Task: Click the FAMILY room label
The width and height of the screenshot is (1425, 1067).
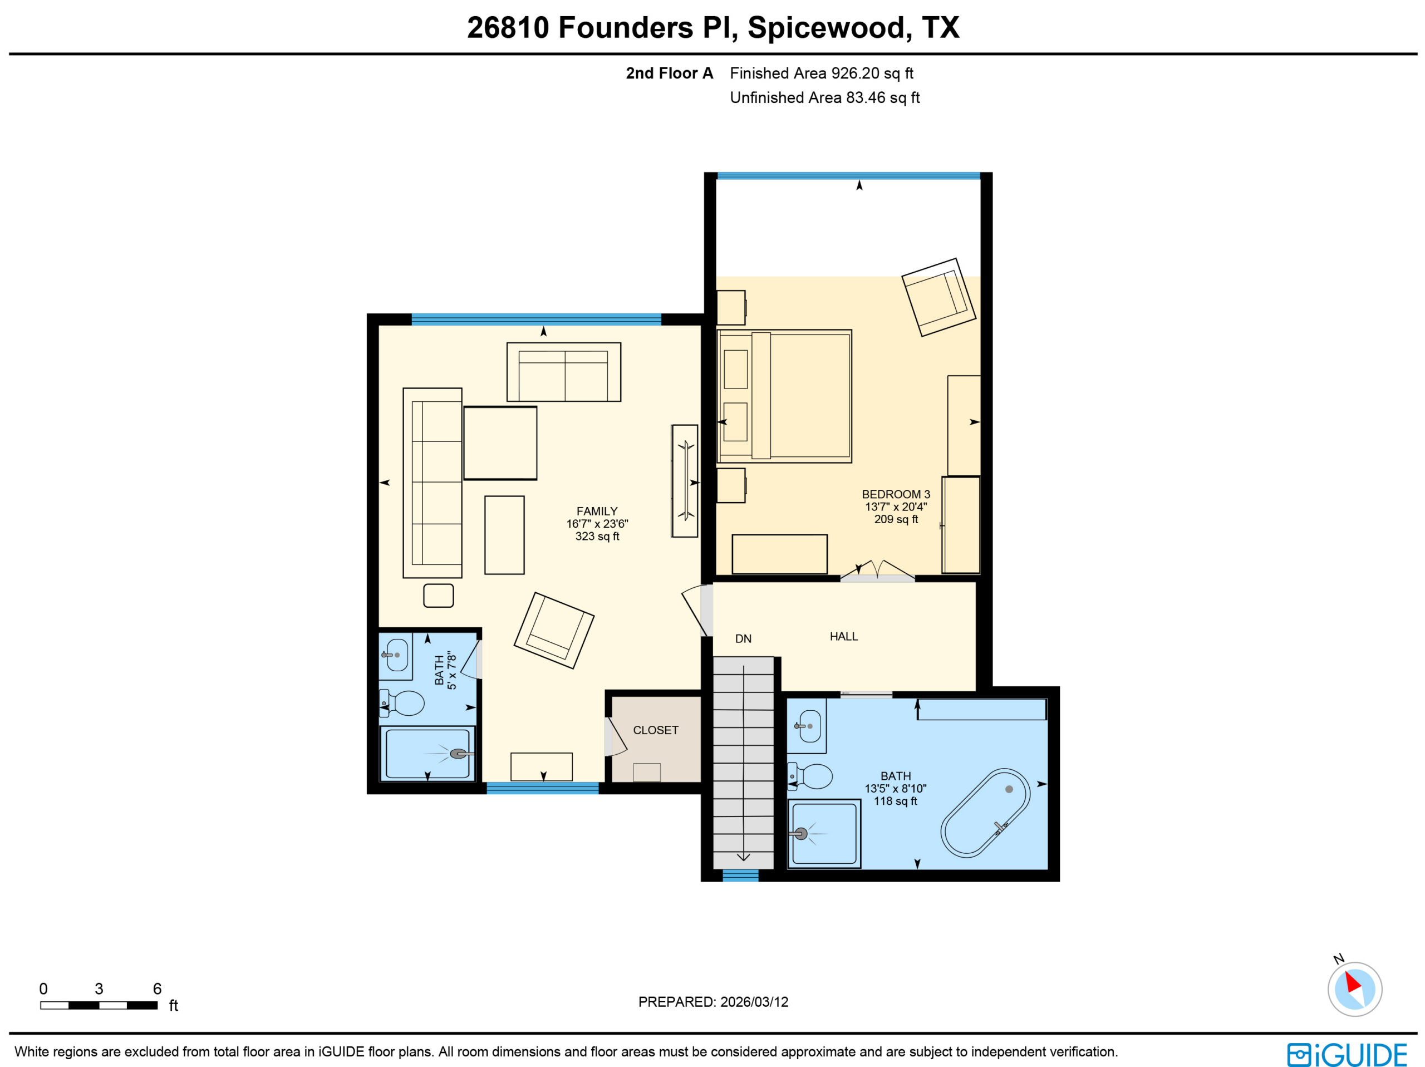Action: [597, 511]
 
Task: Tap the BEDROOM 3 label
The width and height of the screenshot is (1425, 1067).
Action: [896, 494]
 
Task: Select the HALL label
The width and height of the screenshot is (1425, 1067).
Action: [843, 637]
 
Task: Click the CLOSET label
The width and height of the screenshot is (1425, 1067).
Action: [655, 730]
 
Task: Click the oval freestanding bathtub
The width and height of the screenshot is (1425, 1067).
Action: [985, 813]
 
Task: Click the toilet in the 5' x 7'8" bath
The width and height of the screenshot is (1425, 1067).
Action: [401, 703]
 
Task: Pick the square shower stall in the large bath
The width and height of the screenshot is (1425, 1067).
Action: [824, 834]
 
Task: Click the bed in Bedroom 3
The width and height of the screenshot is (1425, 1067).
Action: [784, 396]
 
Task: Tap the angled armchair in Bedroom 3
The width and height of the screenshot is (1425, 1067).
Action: [938, 297]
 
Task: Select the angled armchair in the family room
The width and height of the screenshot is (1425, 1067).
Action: [554, 631]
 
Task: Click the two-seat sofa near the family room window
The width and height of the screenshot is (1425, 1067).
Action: [564, 372]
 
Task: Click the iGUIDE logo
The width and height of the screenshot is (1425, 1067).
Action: [1347, 1055]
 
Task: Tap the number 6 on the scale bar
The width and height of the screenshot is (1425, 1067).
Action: [157, 989]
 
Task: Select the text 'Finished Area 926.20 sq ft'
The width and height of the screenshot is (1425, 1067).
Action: [822, 73]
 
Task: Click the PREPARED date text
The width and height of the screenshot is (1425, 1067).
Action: [713, 1002]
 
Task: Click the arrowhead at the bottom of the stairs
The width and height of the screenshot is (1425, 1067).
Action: [744, 857]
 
